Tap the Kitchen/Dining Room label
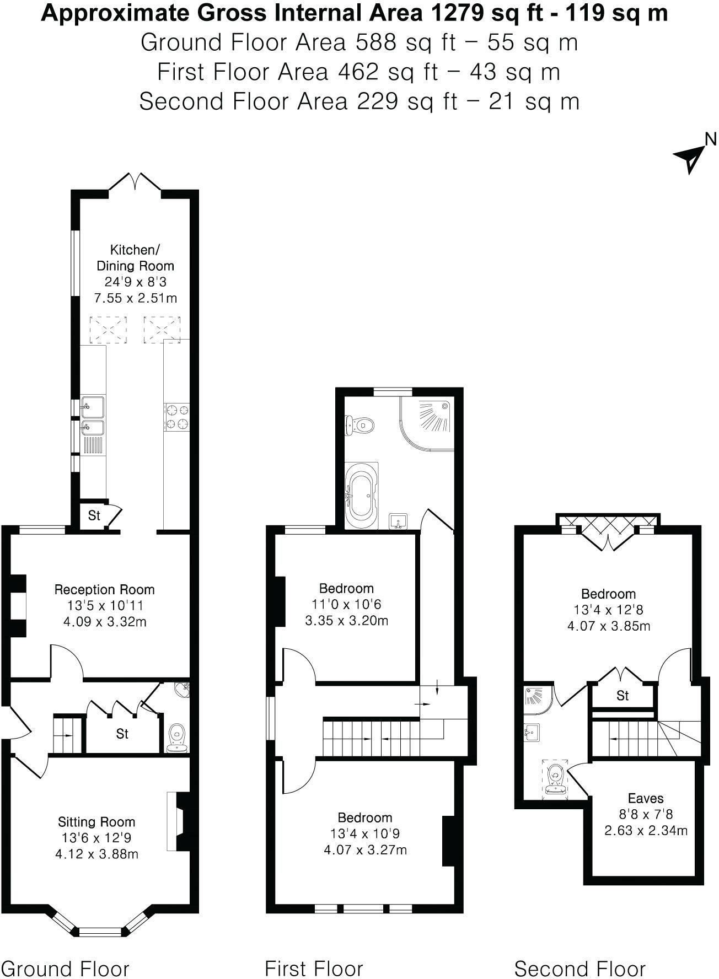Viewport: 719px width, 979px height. click(x=135, y=257)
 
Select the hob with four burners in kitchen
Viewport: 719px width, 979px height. click(x=177, y=417)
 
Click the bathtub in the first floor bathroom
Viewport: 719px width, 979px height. click(x=361, y=494)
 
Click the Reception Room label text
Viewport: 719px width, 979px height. click(x=104, y=589)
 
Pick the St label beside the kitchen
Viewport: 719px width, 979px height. click(x=94, y=515)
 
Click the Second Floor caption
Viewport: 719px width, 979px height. click(x=580, y=968)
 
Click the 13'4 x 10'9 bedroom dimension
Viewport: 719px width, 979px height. click(x=365, y=833)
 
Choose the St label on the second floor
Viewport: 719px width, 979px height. click(x=623, y=696)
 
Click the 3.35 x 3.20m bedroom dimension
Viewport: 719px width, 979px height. click(x=346, y=620)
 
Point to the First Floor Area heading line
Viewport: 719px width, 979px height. click(x=358, y=72)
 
